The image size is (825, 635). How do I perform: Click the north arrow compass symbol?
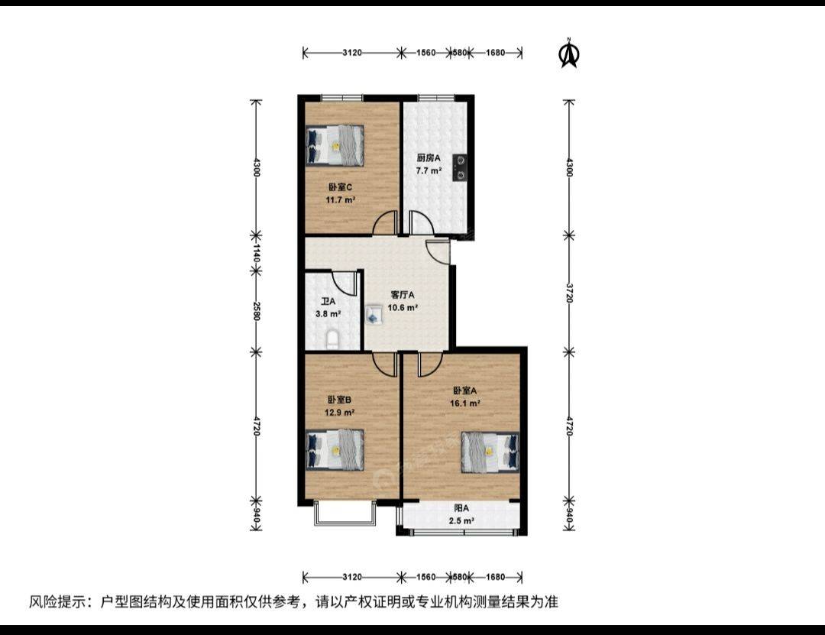[569, 53]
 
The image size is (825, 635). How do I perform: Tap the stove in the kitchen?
[461, 167]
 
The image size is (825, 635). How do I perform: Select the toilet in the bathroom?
[333, 340]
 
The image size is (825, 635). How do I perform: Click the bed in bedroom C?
[335, 145]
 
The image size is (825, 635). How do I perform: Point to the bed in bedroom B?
[335, 449]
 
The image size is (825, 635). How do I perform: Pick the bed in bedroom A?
[490, 452]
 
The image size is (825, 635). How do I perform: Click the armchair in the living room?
[374, 314]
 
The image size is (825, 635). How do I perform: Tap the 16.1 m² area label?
[464, 403]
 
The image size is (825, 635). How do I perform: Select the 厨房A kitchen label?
[429, 157]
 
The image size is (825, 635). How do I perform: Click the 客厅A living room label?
[403, 295]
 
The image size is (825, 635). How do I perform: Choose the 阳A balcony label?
[461, 508]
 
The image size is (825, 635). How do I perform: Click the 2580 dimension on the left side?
[256, 311]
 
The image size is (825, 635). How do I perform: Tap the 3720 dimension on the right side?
[569, 293]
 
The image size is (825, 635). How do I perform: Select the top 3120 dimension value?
[352, 53]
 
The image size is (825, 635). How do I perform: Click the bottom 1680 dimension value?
[495, 577]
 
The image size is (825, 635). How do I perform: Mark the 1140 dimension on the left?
[256, 253]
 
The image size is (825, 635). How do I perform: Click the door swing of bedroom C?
[384, 223]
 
